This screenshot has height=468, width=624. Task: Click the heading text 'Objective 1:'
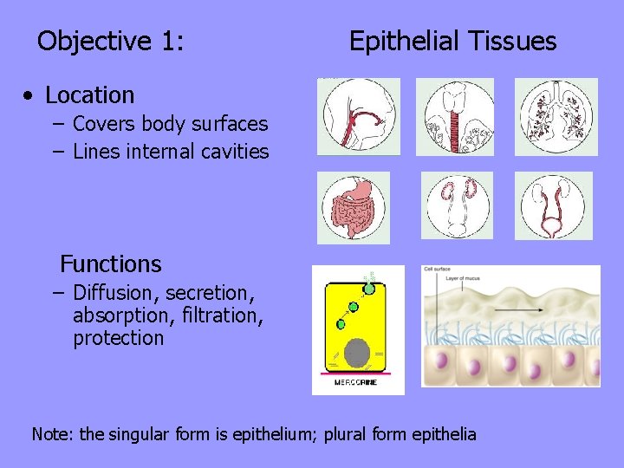pos(110,41)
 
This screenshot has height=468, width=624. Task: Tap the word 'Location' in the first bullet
pos(89,94)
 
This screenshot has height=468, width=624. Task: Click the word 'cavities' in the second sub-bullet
pos(235,152)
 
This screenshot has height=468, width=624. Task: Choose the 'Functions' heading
pos(110,263)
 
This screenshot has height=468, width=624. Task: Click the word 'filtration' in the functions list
pos(222,315)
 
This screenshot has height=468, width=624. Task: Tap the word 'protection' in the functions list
pos(118,338)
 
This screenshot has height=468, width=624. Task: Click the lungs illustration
pos(556,117)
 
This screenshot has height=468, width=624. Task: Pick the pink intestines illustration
pos(353,208)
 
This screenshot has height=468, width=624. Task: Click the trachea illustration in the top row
pos(455,117)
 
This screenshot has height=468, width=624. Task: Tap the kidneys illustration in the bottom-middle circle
pos(457,205)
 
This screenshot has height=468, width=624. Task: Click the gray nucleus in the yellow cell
pos(357,354)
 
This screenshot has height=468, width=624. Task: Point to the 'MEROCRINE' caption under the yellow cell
pos(356,383)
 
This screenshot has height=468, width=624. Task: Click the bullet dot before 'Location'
pos(29,95)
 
